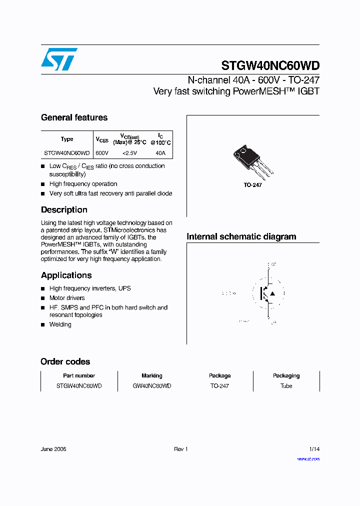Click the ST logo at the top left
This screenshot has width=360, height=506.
tap(59, 59)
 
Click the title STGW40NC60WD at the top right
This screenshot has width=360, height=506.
tap(270, 66)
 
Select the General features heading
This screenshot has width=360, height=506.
tap(74, 117)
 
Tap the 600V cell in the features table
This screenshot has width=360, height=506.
tap(101, 153)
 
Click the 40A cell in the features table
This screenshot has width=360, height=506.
tap(160, 153)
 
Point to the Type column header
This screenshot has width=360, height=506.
tap(67, 139)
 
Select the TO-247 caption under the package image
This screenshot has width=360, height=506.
tap(253, 185)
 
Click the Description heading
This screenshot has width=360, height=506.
tap(64, 210)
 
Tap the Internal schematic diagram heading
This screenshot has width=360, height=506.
tap(241, 236)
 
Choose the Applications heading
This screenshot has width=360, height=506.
tap(66, 275)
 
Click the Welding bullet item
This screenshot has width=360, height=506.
tap(60, 324)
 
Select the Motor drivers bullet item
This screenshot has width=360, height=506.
tap(67, 298)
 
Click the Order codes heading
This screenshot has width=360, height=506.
tap(65, 361)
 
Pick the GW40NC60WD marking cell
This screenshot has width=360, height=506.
tap(152, 386)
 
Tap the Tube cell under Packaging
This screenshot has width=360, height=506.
tap(286, 386)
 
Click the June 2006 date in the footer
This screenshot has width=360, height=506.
tap(53, 449)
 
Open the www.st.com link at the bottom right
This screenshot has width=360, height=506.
tap(308, 458)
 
